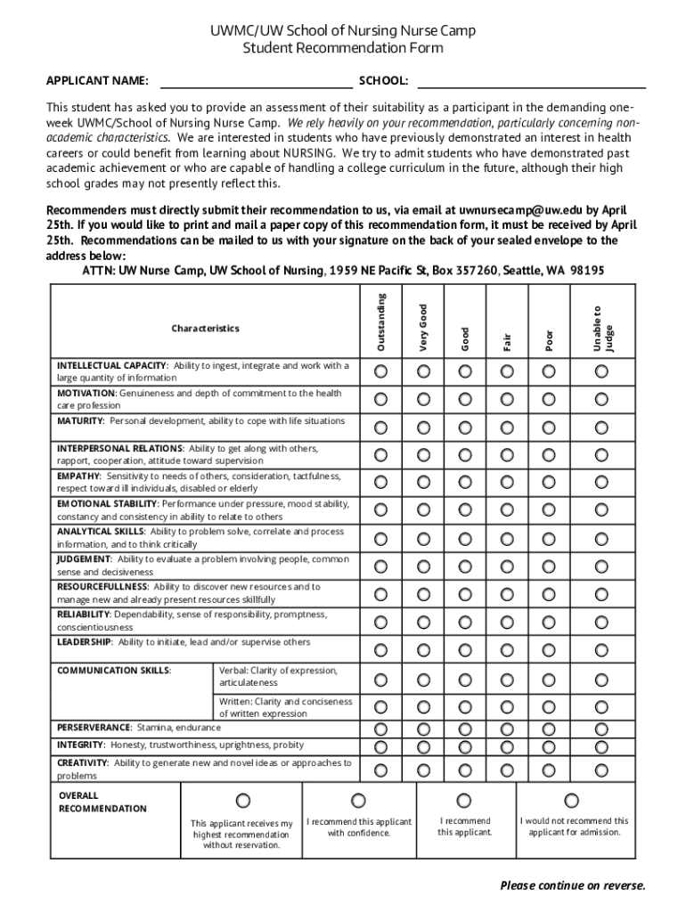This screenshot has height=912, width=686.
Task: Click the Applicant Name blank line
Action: (256, 85)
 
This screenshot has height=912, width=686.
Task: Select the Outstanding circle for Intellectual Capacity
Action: (381, 370)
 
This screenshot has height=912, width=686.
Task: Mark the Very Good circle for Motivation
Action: (423, 399)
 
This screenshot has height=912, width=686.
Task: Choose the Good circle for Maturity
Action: (465, 427)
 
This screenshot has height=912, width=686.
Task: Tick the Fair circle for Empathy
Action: (507, 482)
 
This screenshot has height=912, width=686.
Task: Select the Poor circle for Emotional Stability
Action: (549, 510)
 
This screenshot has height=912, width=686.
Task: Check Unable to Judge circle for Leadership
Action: (602, 650)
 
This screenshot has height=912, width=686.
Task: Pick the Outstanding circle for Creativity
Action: (381, 769)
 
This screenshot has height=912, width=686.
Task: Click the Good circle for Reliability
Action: (465, 622)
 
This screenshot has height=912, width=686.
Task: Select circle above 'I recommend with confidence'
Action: (358, 801)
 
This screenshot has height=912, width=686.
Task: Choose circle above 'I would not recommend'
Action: (572, 801)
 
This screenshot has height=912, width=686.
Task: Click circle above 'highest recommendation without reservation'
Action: (242, 802)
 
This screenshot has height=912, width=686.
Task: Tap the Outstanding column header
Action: (381, 322)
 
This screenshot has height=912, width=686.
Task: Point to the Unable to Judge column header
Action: (602, 327)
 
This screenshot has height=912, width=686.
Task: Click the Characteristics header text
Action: (205, 329)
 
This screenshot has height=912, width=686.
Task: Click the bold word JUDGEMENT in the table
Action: (84, 559)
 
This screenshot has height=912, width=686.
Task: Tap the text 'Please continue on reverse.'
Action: (572, 885)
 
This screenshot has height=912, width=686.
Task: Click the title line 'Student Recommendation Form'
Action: (343, 48)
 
